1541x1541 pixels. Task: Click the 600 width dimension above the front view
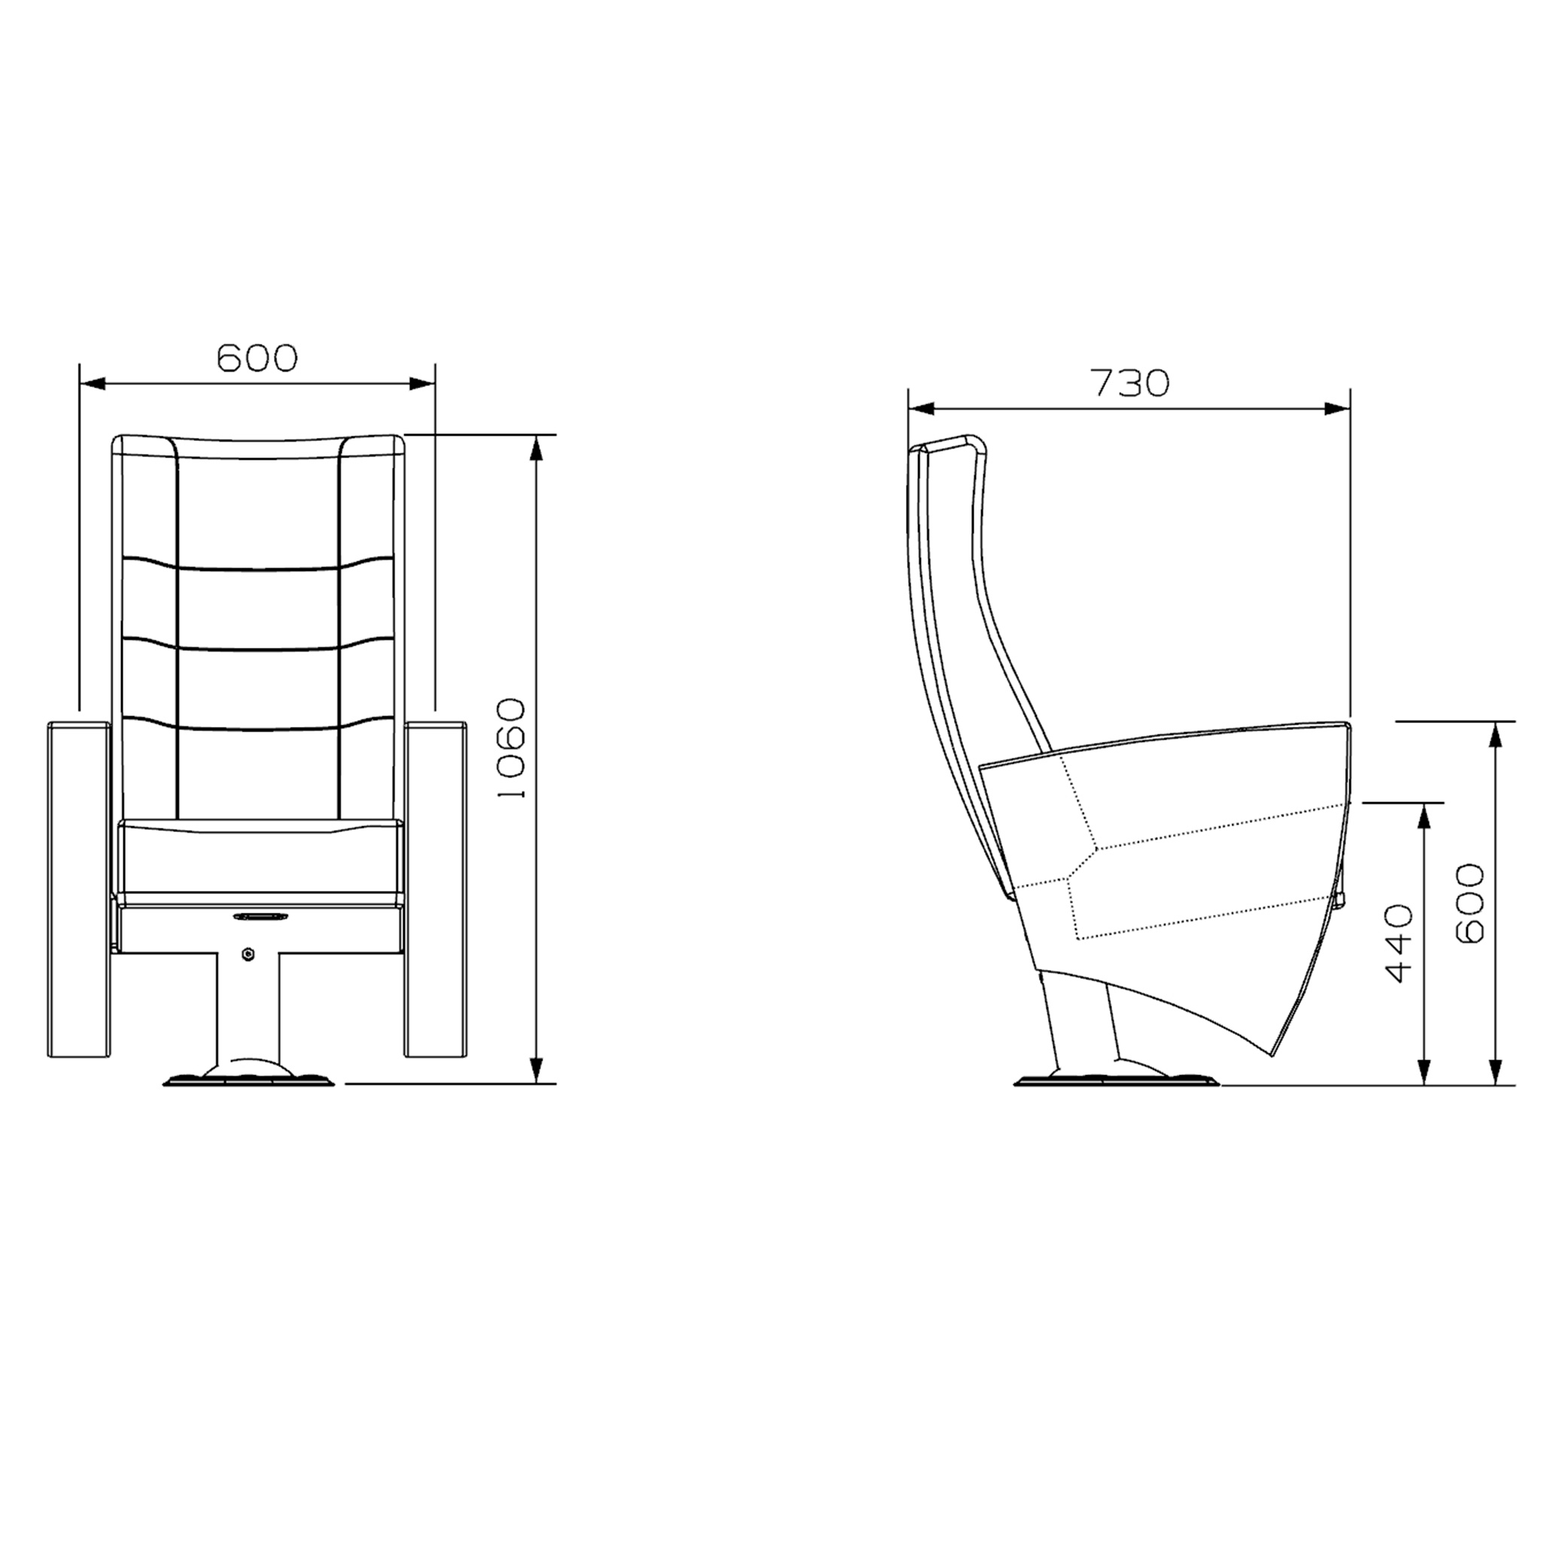coord(257,358)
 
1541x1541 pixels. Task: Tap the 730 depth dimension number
coord(1129,384)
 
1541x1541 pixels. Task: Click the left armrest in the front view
coord(78,889)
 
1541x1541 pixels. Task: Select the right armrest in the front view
coord(436,889)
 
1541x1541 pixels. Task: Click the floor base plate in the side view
coord(1116,1081)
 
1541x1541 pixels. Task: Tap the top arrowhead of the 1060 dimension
coord(536,449)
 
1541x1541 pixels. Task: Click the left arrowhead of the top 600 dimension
coord(93,384)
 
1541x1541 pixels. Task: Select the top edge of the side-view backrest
coord(949,441)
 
